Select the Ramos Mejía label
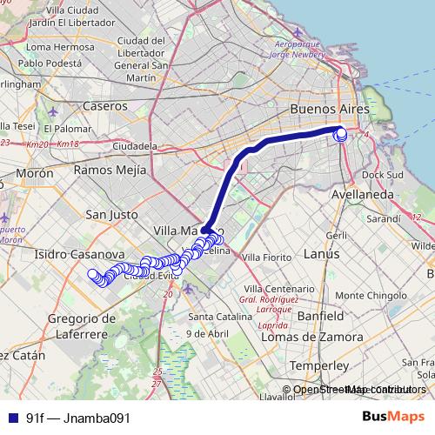click(108, 170)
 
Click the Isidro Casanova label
click(69, 254)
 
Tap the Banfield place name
click(324, 315)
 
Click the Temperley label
click(318, 365)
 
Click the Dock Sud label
click(383, 174)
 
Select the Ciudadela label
click(135, 145)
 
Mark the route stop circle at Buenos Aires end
click(340, 134)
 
